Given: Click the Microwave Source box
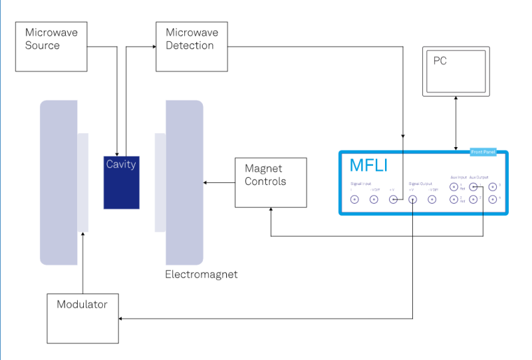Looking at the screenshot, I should tap(52, 47).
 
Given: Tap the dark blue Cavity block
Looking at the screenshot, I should tap(122, 182).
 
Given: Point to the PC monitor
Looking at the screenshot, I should tap(456, 71).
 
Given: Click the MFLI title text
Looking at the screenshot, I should tap(368, 166).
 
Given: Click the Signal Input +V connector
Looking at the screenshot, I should tap(393, 199).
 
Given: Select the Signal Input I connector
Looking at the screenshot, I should tap(354, 199).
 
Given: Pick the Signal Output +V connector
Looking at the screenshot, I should tap(412, 199).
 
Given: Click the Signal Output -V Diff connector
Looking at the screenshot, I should tap(432, 199).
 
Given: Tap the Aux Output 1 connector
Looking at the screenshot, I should tap(473, 186).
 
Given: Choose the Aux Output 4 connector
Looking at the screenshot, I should tap(493, 199).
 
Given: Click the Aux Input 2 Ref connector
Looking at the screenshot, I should tap(454, 199).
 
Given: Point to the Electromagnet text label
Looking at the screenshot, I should tap(201, 274).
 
